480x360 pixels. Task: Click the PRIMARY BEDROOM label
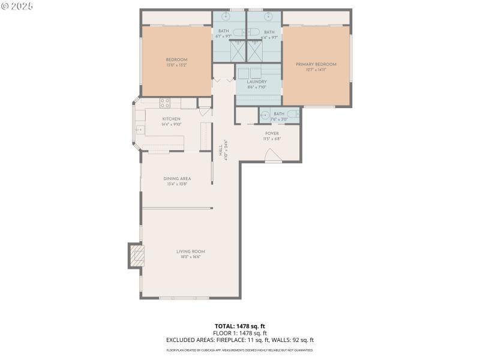(x=316, y=64)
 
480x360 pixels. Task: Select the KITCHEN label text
(x=171, y=119)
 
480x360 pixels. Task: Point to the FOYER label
(x=272, y=133)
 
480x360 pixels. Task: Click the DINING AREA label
(x=177, y=178)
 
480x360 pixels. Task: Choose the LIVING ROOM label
(x=191, y=251)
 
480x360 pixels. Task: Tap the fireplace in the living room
(x=137, y=256)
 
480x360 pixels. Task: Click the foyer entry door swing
(x=273, y=158)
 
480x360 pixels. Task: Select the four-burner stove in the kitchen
(x=165, y=102)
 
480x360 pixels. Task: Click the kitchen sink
(x=139, y=129)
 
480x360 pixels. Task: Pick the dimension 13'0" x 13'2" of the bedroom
(x=176, y=65)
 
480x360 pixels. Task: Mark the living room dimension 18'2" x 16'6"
(x=191, y=257)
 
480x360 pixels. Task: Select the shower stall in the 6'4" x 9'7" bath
(x=257, y=50)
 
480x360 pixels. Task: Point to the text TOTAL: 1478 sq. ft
(x=239, y=326)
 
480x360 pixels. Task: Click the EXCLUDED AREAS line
(x=239, y=340)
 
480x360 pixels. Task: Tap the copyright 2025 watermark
(x=17, y=5)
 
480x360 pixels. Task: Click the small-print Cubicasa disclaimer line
(x=239, y=350)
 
